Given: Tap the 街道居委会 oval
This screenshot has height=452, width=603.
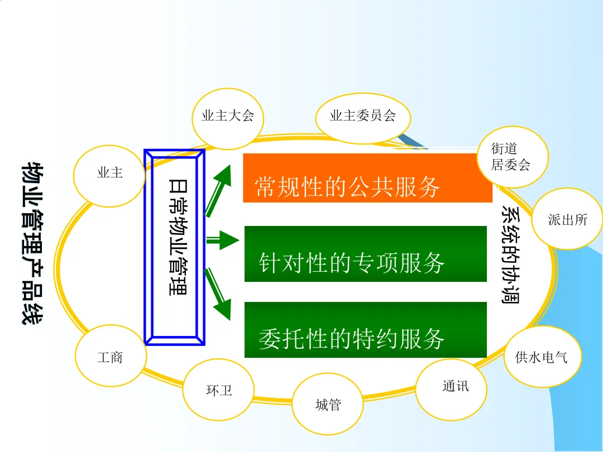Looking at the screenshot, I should [x=510, y=157].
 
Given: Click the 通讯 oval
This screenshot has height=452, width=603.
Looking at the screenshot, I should [x=451, y=388].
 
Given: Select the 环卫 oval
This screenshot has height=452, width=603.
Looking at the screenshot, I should [x=219, y=389].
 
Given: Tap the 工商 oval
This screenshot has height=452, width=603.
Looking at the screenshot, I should [x=110, y=357].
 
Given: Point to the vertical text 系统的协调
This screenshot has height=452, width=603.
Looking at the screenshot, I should [x=510, y=254].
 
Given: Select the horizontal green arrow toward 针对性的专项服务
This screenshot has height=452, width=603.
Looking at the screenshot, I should [x=222, y=241].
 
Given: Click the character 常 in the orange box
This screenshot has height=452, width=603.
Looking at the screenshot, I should [x=266, y=187].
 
